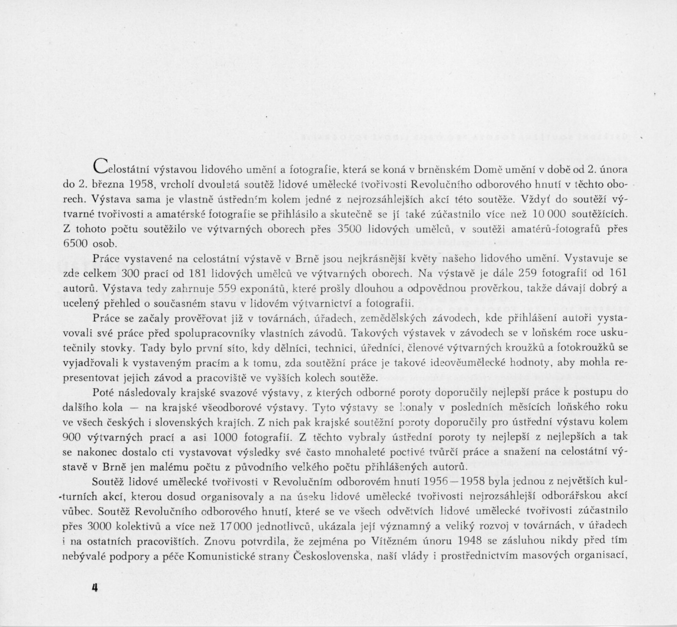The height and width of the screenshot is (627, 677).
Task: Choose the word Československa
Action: point(330,556)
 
